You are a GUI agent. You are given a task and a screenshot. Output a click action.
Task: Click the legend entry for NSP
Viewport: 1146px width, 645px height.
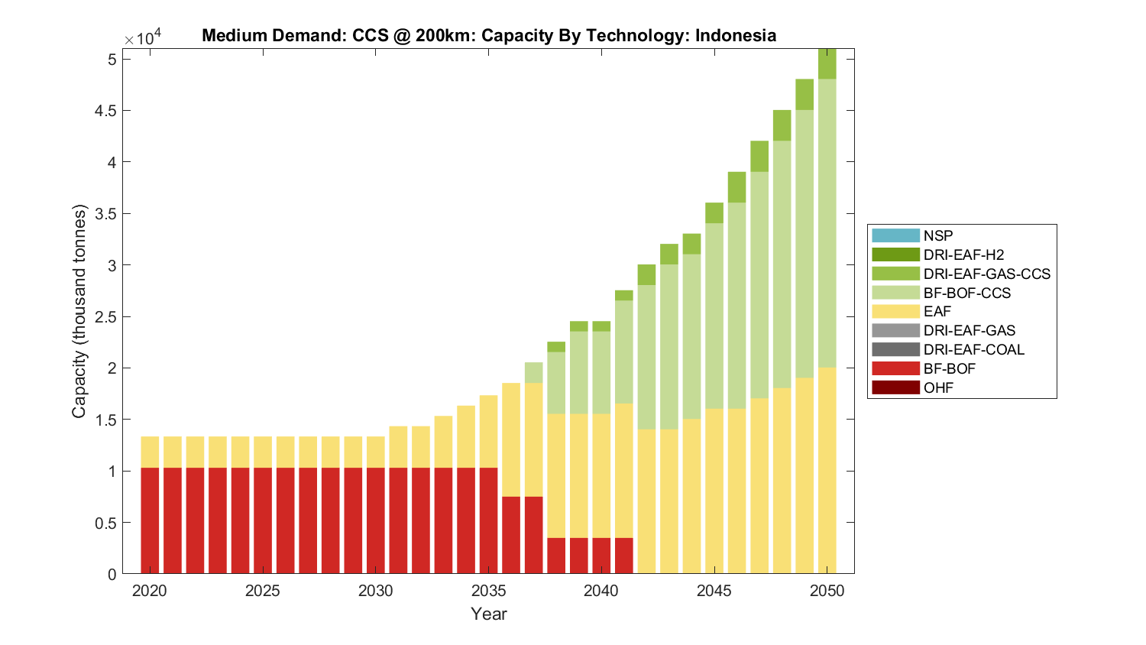click(x=937, y=235)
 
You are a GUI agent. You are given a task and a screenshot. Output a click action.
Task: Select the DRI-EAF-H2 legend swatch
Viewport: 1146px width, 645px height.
click(x=895, y=254)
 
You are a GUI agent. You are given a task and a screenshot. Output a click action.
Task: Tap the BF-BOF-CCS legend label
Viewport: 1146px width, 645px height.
click(x=966, y=293)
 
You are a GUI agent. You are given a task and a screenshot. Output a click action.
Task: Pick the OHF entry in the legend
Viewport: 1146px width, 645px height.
click(x=938, y=387)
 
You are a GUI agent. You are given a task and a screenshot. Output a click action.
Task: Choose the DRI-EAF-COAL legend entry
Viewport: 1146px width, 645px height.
click(x=973, y=349)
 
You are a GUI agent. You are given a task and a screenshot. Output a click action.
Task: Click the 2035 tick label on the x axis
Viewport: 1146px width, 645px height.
click(x=489, y=591)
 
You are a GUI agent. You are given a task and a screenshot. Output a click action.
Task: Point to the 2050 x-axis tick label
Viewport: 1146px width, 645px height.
click(x=827, y=591)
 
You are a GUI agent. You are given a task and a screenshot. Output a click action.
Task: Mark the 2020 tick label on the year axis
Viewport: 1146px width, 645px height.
click(x=150, y=591)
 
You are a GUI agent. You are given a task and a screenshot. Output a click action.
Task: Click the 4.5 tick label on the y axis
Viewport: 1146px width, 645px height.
click(x=107, y=111)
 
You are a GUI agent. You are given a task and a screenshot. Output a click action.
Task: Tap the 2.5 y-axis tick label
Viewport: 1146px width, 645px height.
click(x=107, y=317)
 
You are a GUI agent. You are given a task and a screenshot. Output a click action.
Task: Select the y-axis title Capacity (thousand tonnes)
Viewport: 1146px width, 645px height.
click(x=79, y=311)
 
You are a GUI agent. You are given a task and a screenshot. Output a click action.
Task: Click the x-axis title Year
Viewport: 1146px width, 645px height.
click(x=489, y=614)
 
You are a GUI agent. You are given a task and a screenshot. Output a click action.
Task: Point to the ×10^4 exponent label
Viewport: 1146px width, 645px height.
click(x=143, y=38)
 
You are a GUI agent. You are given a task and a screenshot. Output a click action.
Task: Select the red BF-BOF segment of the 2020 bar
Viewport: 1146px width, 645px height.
click(x=150, y=520)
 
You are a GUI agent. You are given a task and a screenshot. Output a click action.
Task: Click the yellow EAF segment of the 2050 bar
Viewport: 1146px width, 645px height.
click(x=827, y=470)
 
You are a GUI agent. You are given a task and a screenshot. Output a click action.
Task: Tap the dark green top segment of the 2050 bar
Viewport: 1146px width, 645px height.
click(x=827, y=64)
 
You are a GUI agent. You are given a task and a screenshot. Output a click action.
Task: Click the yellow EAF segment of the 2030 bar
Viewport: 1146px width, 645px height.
click(x=376, y=452)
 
